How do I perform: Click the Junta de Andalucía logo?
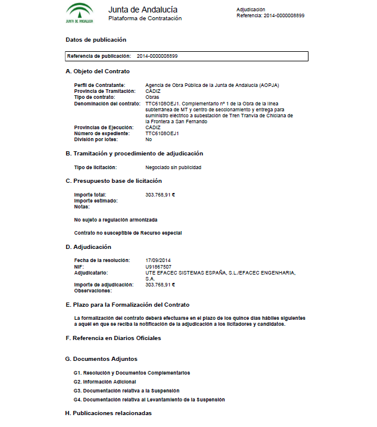pos(79,13)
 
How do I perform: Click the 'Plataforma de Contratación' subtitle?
pos(145,18)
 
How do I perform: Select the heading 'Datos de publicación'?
pos(96,40)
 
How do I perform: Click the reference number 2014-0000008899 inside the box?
pos(157,56)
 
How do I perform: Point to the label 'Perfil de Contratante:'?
pos(99,85)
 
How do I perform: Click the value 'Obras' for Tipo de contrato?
pos(152,97)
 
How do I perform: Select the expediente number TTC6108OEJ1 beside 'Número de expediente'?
pos(162,133)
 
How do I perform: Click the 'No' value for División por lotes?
pos(148,139)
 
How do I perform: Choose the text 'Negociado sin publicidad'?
pos(173,167)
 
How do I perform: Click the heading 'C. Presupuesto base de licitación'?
pos(113,180)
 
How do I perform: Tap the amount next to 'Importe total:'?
pos(160,195)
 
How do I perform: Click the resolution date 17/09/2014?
pos(158,261)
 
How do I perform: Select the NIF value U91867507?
pos(158,267)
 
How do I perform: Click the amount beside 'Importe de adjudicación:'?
pos(160,285)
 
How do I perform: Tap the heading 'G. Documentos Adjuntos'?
pos(101,359)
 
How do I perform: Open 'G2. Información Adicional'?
pos(105,381)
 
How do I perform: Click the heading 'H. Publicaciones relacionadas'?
pos(108,413)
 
